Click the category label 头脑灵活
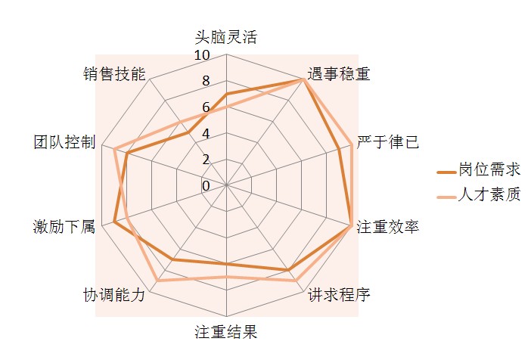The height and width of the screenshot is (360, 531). pos(226,37)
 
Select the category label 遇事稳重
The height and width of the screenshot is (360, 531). pos(339,74)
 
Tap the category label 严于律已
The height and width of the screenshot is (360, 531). pos(388,142)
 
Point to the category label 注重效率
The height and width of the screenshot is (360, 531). pos(388,227)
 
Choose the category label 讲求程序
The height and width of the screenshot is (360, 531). pos(339,295)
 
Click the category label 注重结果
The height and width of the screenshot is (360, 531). pos(226,332)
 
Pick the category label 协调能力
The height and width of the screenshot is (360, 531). pos(114,295)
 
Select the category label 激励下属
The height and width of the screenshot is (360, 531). pos(64,227)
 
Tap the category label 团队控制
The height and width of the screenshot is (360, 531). pos(64,142)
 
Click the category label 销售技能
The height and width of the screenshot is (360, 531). pos(114,74)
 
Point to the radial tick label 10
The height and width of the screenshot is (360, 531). pos(202,55)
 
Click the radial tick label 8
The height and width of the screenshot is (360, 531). pos(206,81)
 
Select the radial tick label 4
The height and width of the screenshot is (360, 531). pos(206,134)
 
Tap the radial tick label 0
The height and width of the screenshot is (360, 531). pos(206,186)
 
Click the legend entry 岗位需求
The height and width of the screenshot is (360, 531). pos(479,169)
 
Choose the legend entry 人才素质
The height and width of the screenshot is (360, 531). pos(479,194)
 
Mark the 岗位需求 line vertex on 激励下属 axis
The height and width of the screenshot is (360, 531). pos(114,222)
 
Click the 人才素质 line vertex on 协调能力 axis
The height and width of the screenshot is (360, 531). pos(157,281)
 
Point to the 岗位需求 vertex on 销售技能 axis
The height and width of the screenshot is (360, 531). pos(188,133)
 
